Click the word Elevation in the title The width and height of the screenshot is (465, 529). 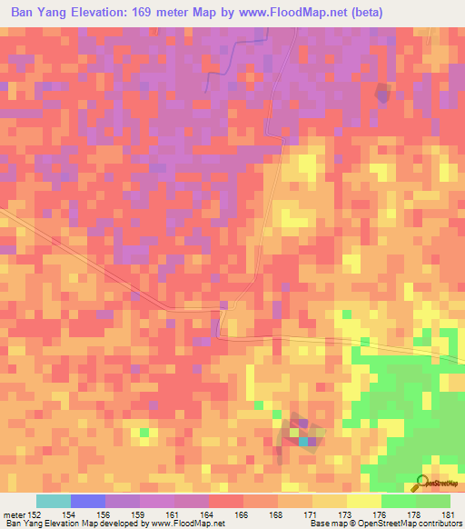[114, 12]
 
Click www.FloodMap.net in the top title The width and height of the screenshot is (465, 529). [298, 12]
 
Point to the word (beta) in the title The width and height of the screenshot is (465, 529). [363, 12]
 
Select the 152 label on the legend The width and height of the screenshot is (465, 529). [35, 515]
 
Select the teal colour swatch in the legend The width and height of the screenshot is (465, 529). [53, 501]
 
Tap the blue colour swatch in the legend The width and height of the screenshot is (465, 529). [87, 501]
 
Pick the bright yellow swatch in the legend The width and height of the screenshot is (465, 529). [363, 501]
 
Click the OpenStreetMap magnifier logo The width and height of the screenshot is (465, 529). [422, 482]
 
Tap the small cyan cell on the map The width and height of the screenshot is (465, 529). [303, 442]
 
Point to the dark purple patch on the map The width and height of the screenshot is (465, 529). [382, 92]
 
